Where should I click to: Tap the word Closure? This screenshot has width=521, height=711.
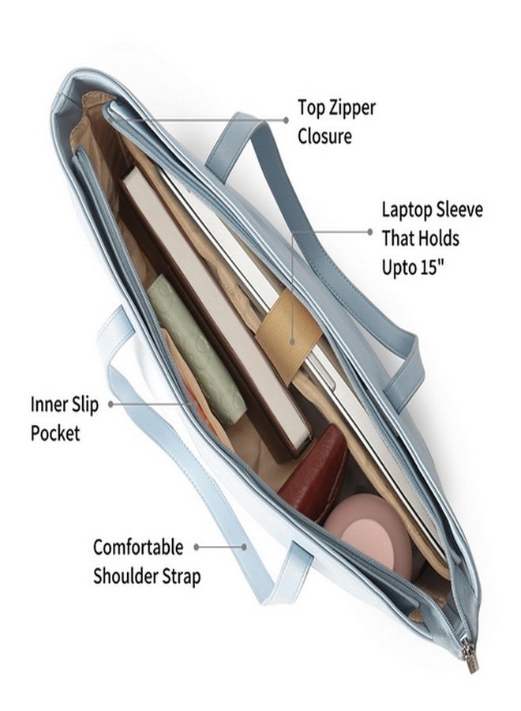click(324, 136)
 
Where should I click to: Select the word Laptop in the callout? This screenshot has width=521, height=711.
click(406, 211)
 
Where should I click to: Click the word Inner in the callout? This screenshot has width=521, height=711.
click(48, 404)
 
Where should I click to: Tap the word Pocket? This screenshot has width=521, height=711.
click(54, 434)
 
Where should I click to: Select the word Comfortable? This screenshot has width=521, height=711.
click(138, 547)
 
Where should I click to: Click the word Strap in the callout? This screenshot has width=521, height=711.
click(179, 577)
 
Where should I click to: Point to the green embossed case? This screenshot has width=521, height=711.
click(196, 349)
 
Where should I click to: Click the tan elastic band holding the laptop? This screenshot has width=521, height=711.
click(289, 336)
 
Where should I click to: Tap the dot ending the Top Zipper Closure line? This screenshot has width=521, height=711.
click(286, 120)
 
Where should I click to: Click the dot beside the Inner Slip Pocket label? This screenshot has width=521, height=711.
click(111, 404)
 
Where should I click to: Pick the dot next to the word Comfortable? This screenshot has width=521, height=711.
click(197, 547)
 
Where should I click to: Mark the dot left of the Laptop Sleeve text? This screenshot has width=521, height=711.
click(369, 231)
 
